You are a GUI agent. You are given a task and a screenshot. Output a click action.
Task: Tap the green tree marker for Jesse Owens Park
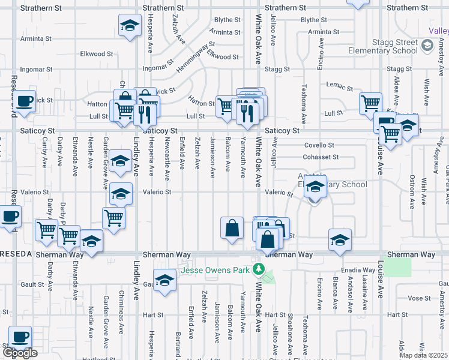pyautogui.click(x=259, y=269)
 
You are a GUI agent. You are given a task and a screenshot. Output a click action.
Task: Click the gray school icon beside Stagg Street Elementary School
pyautogui.click(x=427, y=46)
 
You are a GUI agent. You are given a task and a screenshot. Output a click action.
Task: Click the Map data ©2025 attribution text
pyautogui.click(x=424, y=355)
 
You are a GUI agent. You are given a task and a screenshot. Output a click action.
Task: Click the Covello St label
pyautogui.click(x=319, y=145)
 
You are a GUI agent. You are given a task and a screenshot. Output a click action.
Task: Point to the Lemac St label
pyautogui.click(x=340, y=85)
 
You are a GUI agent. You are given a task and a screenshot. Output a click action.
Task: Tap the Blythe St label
pyautogui.click(x=227, y=20)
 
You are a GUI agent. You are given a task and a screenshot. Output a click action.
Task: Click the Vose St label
pyautogui.click(x=415, y=298)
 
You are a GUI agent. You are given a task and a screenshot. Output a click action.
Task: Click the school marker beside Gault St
pyautogui.click(x=164, y=280)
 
